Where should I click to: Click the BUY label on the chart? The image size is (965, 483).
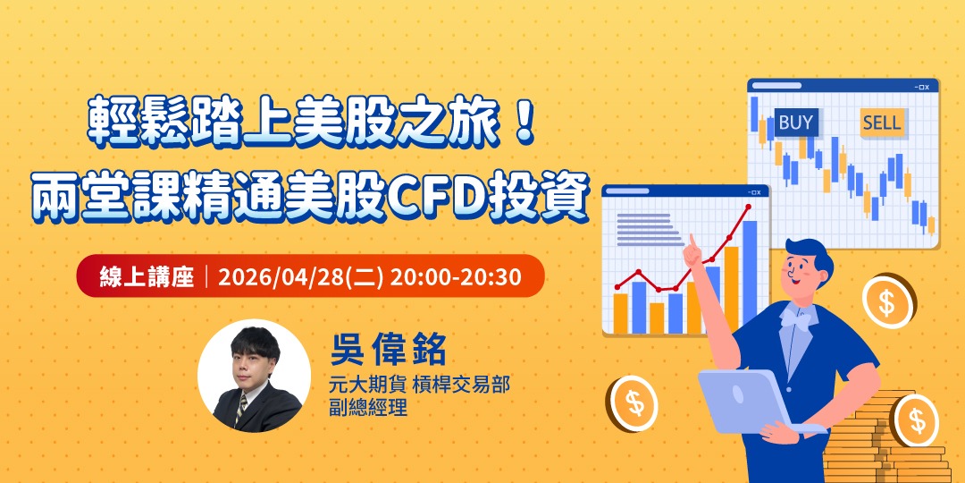tap(795, 123)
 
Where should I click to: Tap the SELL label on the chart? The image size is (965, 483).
tap(882, 123)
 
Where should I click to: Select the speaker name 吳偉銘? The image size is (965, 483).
tap(388, 351)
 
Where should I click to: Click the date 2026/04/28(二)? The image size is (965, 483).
tap(301, 276)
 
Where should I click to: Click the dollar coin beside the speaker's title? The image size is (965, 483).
tap(635, 402)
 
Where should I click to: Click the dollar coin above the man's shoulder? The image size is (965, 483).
tap(887, 301)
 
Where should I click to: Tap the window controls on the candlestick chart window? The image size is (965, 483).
tap(922, 87)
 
